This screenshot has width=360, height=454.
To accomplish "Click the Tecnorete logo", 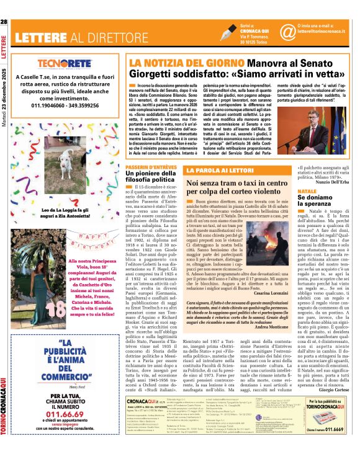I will click(65, 64).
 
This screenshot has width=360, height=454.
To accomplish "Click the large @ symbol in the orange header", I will click(287, 31).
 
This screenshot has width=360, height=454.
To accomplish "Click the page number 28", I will click(4, 22).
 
